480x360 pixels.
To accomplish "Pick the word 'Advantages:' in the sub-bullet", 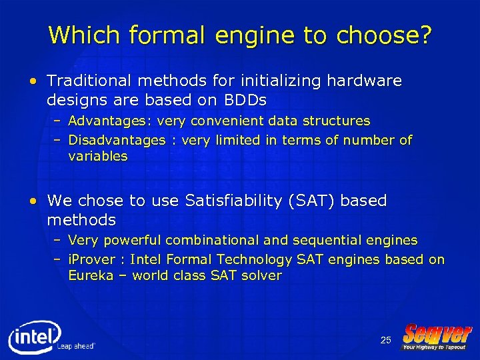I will (x=111, y=121).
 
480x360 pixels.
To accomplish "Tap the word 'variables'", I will (x=97, y=157).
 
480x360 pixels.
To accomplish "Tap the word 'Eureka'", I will (x=91, y=275).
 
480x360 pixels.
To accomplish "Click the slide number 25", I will (x=385, y=341).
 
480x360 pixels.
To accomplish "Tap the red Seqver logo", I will (x=437, y=333).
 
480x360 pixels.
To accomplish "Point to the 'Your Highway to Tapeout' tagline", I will (x=434, y=347).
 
